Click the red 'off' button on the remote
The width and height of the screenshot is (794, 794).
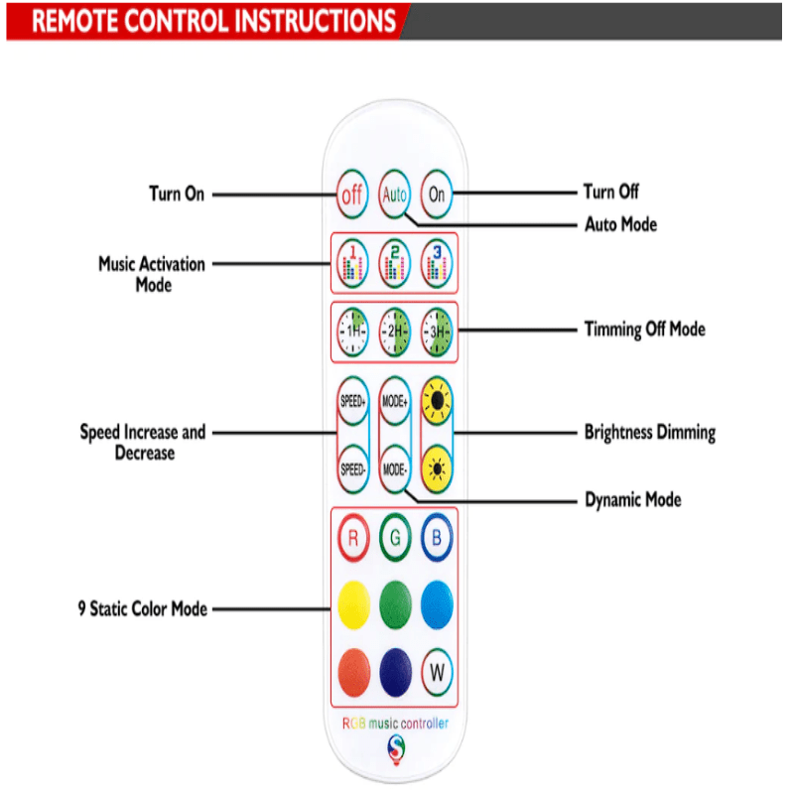[352, 195]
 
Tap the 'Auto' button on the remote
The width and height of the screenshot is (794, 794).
[394, 195]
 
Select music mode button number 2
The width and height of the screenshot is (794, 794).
[394, 262]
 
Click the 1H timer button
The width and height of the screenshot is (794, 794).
[352, 331]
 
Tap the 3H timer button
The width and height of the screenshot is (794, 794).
[436, 331]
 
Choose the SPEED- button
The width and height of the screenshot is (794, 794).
[352, 467]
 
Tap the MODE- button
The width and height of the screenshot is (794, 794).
[395, 467]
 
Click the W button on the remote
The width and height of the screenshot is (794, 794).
[437, 671]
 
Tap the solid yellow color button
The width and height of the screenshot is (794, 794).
[352, 603]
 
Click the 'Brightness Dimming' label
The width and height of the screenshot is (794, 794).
[649, 433]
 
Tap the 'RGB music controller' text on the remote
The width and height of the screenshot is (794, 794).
[395, 724]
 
